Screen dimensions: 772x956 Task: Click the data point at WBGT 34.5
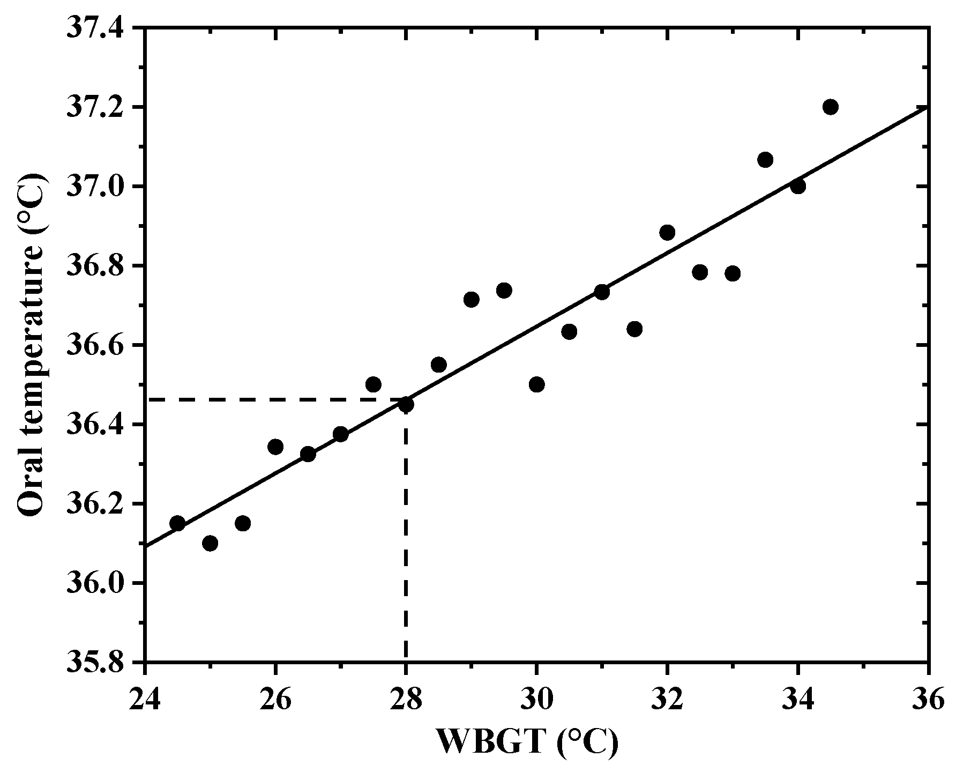(x=831, y=107)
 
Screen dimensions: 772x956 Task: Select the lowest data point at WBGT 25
(x=210, y=544)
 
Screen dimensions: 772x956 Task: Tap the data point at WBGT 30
(x=536, y=384)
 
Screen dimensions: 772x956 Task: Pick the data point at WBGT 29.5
(x=504, y=291)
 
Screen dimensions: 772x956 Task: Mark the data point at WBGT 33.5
(x=765, y=160)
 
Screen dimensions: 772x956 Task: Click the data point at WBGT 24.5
(x=177, y=523)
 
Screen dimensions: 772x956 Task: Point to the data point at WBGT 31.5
(x=634, y=329)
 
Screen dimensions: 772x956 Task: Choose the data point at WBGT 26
(x=275, y=447)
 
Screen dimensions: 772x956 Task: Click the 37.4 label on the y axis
(x=101, y=28)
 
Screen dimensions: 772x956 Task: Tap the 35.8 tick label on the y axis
(x=101, y=662)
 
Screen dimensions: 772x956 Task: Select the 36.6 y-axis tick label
(x=101, y=345)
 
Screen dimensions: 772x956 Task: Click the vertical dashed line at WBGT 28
(x=406, y=536)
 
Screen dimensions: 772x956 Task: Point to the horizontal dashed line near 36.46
(x=268, y=399)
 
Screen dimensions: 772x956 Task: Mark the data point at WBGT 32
(x=667, y=233)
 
